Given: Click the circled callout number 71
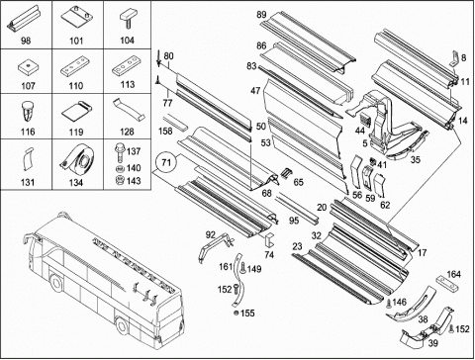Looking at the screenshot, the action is [x=166, y=162].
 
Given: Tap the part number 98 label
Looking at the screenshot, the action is [x=26, y=41].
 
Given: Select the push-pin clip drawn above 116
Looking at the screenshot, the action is [x=27, y=112].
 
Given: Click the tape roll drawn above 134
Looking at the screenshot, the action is [x=77, y=159].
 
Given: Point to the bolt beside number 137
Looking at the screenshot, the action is [x=119, y=151].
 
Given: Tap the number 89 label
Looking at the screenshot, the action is [x=261, y=15].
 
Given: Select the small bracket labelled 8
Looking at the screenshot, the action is [x=454, y=59].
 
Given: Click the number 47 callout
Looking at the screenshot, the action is [x=255, y=90].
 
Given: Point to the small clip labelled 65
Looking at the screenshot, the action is [x=286, y=172].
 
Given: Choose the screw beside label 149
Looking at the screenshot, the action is [x=242, y=268].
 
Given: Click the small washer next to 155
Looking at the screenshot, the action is [x=236, y=313].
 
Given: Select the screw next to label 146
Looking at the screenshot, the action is [x=389, y=303].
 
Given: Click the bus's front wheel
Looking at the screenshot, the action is [x=55, y=283].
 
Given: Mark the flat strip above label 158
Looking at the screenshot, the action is [x=176, y=122].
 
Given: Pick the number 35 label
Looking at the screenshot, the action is [x=416, y=159].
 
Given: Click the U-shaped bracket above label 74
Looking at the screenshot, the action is [x=270, y=240].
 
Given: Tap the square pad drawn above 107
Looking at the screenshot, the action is [x=28, y=68].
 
